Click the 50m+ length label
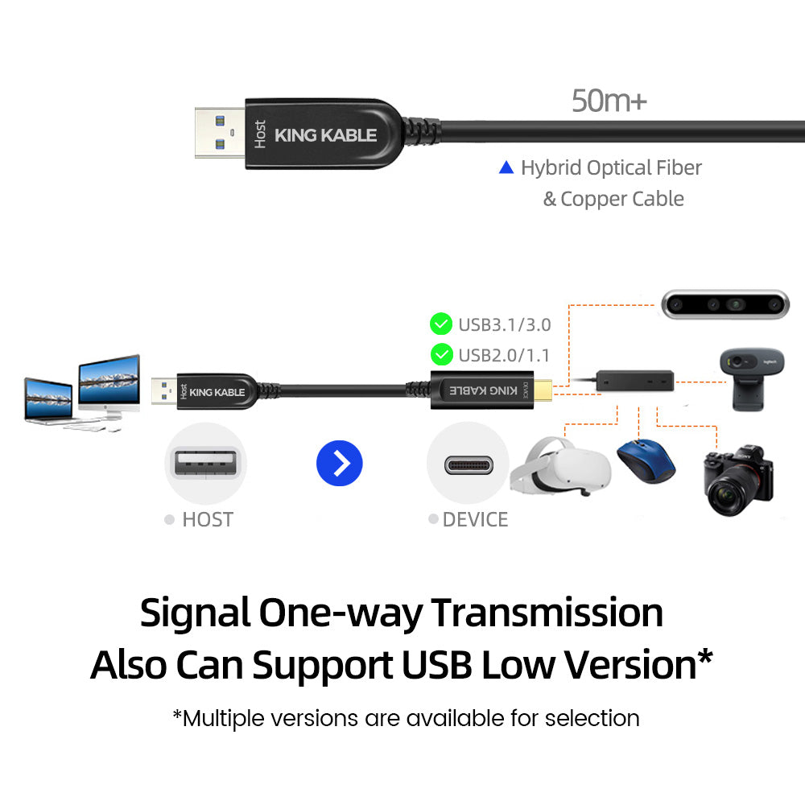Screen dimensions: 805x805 [609, 101]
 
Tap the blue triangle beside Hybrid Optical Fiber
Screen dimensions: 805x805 [506, 167]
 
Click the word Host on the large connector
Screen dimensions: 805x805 [260, 134]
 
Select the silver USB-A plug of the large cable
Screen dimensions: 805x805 [220, 133]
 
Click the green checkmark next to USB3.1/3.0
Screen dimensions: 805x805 [441, 324]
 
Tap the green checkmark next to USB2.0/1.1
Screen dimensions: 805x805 [441, 354]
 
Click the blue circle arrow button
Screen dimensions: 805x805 [340, 463]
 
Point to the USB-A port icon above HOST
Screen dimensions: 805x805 [206, 464]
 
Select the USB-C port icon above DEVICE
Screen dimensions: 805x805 [469, 465]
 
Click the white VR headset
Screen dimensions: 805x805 [560, 466]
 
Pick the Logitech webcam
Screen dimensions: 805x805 [751, 379]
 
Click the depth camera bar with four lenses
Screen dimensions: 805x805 [725, 304]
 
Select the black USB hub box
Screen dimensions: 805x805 [634, 381]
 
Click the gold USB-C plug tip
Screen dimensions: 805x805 [543, 390]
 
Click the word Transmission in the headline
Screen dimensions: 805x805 [547, 613]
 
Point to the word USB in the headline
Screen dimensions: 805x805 [437, 665]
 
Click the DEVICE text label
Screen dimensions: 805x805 [475, 519]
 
